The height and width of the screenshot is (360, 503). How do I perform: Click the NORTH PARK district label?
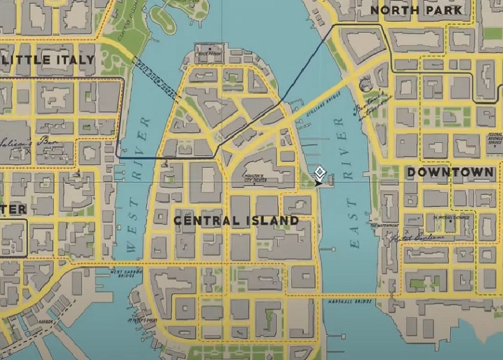pos(416,10)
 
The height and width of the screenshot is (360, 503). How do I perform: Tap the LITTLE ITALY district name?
pos(49,60)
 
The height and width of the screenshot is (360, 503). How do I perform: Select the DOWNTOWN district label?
pos(450,172)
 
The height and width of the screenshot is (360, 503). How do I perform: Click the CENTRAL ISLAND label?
pos(236,221)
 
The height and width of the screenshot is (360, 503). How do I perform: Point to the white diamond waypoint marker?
pos(320,171)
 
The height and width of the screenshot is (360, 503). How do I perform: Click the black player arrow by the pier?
pos(318,183)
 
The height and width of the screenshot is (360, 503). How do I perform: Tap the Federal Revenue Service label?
pos(495,139)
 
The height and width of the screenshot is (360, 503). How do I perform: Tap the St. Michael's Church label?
pos(453,217)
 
